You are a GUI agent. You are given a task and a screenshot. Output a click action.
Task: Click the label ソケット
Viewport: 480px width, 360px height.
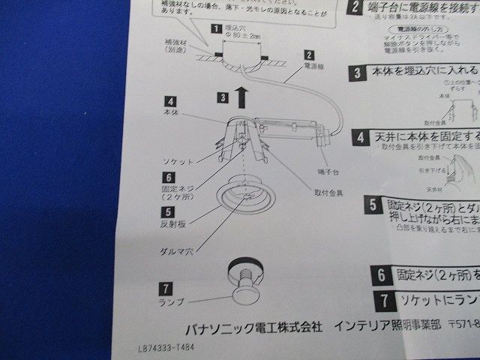(177, 161)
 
